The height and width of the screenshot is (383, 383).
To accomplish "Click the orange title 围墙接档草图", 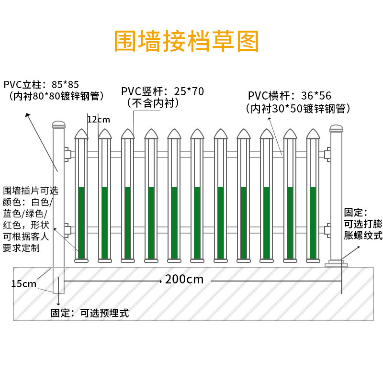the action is (x=186, y=41).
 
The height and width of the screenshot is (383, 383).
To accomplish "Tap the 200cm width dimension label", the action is (x=184, y=279).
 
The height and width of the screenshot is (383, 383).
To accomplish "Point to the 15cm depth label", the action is (x=23, y=284).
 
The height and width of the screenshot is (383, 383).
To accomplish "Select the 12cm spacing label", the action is (x=99, y=119).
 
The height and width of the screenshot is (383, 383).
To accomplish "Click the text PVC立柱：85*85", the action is (x=41, y=85).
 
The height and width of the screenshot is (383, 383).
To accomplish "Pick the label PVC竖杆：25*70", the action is (x=162, y=91).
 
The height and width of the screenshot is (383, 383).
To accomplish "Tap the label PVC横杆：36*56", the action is (x=290, y=95).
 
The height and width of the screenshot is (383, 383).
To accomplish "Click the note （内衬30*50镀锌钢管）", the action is (x=298, y=109).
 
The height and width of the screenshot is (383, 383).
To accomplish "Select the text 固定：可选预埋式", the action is (x=90, y=313).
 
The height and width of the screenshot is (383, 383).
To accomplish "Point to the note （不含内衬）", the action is (x=153, y=103).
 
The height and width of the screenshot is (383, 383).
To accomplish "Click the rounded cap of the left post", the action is (x=59, y=124).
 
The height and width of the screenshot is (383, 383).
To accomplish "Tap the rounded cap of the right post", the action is (x=336, y=128).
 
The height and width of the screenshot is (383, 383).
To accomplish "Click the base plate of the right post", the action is (x=336, y=264).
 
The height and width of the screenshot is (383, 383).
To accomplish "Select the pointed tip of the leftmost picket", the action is (x=81, y=129).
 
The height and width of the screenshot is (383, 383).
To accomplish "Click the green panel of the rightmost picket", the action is (x=313, y=223).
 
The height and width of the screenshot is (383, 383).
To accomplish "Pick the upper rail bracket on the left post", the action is (x=68, y=154).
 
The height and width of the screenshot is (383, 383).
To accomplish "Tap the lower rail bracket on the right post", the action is (x=327, y=231).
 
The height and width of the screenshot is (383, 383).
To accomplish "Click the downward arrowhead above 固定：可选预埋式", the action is (x=58, y=304).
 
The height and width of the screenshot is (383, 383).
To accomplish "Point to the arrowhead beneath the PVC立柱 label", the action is (x=27, y=114).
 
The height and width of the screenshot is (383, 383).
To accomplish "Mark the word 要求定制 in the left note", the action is (x=21, y=248).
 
